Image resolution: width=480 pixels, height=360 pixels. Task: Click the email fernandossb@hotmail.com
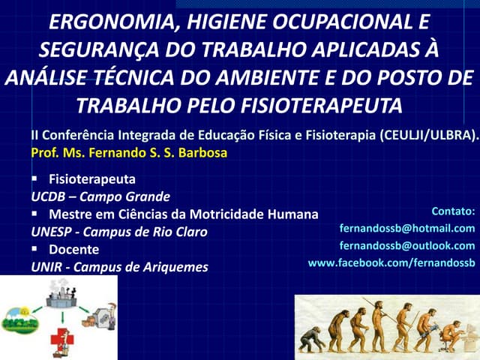coord(407,228)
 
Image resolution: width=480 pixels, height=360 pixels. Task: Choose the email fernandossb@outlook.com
coord(407,245)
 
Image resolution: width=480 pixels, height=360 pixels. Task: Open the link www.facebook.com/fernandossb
coord(391,262)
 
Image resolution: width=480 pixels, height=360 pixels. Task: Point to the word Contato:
coord(454,211)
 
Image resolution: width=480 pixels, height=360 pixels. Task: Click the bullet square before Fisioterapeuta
coord(35,179)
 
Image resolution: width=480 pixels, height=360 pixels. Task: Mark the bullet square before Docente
coord(35,249)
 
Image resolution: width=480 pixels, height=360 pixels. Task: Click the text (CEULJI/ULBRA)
coord(428,136)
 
